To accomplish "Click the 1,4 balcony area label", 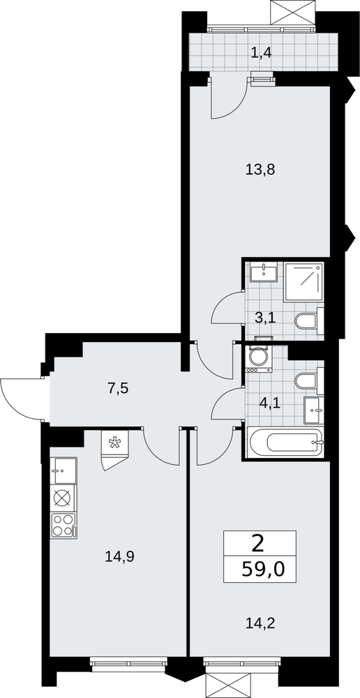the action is pyautogui.click(x=261, y=53).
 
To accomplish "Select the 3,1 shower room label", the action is pyautogui.click(x=265, y=318).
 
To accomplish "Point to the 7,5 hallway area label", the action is pyautogui.click(x=118, y=388).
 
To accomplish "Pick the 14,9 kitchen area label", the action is pyautogui.click(x=119, y=556).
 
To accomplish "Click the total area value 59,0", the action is pyautogui.click(x=262, y=569).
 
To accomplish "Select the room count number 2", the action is pyautogui.click(x=257, y=543).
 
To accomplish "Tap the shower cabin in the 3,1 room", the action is pyautogui.click(x=304, y=281).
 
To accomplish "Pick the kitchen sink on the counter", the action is pyautogui.click(x=63, y=470).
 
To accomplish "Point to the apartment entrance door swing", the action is pyautogui.click(x=21, y=399).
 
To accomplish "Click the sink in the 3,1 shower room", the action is pyautogui.click(x=264, y=272).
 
